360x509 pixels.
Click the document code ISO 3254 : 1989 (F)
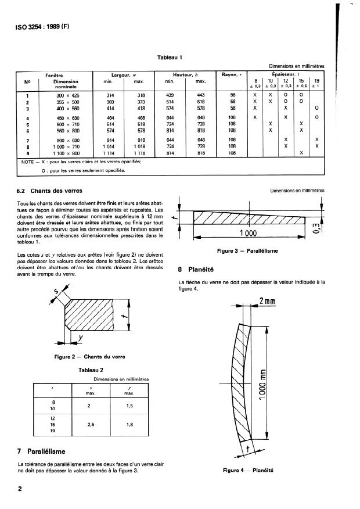[x=40, y=26]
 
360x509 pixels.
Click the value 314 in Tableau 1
[x=110, y=95]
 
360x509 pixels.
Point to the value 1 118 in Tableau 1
[x=141, y=152]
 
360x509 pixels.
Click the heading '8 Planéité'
[x=197, y=269]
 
